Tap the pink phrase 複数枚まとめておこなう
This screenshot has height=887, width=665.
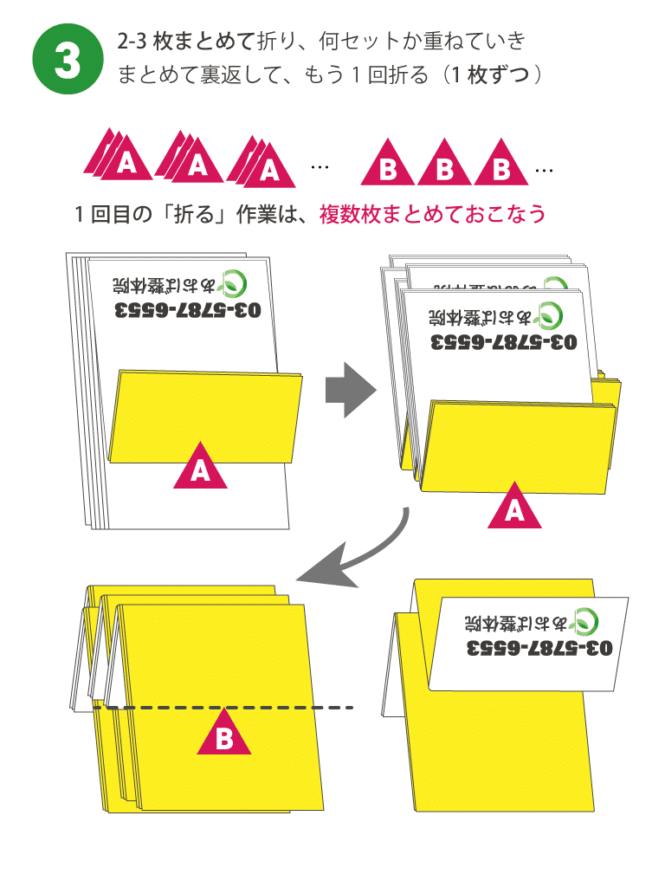tap(433, 213)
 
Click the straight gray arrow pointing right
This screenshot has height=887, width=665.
tap(350, 391)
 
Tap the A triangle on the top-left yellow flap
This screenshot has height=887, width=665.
tap(201, 468)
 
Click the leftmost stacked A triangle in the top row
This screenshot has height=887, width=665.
tap(121, 159)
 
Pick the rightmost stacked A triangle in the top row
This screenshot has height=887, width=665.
tap(265, 165)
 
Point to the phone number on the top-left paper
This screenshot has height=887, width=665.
tap(187, 310)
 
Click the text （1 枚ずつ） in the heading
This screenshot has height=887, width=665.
tap(494, 74)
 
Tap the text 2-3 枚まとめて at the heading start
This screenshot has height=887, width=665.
tap(185, 40)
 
